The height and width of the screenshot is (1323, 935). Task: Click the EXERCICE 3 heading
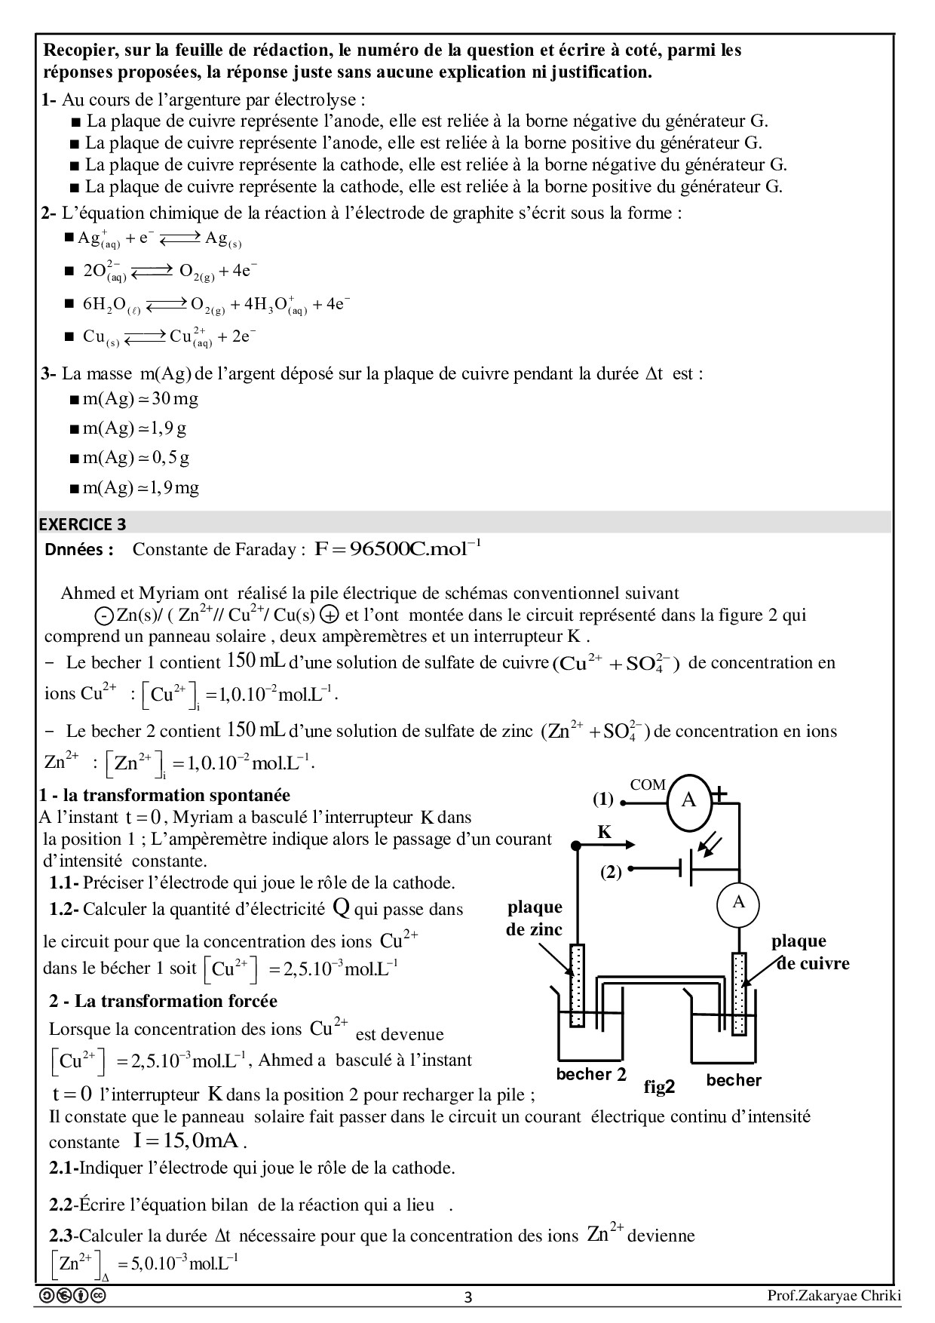coord(83,524)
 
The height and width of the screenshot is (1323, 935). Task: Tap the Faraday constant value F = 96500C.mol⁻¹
coord(397,548)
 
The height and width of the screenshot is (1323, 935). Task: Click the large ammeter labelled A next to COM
coord(688,800)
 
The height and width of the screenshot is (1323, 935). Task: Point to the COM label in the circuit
coord(648,785)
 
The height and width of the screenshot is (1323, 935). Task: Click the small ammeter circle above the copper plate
coord(738,903)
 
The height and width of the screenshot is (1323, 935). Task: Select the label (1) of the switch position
coord(602,799)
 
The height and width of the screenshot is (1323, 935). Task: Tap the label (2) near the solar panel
coord(610,873)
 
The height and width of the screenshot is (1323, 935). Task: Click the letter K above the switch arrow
coord(604,833)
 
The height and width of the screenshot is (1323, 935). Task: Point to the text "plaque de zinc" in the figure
coord(535,918)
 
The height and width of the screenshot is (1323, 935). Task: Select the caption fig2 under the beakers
coord(659,1087)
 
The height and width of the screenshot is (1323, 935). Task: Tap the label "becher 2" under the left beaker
coord(591,1074)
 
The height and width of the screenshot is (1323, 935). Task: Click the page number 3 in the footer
coord(467,1298)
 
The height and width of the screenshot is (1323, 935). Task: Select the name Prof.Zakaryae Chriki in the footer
coord(834,1296)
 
